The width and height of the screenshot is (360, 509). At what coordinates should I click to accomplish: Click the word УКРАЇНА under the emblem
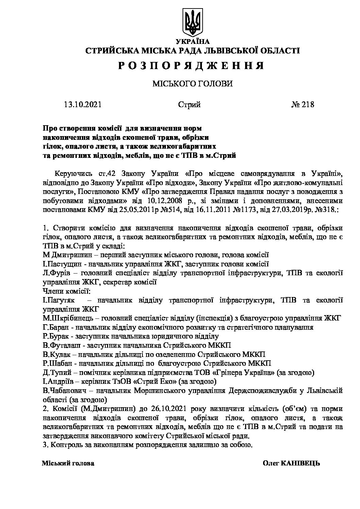(x=192, y=42)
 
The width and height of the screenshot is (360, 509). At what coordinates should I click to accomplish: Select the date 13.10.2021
(x=82, y=104)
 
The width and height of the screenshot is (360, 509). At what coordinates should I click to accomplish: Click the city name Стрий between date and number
(x=189, y=104)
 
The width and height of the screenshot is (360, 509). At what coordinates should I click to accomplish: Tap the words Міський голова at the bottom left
(x=68, y=463)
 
